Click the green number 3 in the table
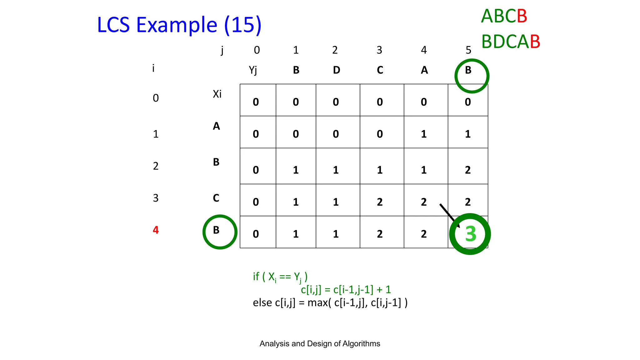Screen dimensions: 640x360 (470, 234)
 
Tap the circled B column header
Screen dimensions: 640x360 (468, 70)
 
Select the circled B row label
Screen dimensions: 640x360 (216, 230)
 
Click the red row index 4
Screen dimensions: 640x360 (156, 230)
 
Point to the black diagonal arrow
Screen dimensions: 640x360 (449, 215)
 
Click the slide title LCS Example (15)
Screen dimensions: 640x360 (179, 25)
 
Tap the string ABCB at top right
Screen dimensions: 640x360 (504, 16)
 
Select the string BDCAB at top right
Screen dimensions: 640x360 (511, 42)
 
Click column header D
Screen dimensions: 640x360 (336, 70)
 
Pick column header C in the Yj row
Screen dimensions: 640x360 (380, 70)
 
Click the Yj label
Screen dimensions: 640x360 (253, 70)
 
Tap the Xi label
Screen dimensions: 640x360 (217, 94)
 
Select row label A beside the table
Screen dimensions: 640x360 (216, 126)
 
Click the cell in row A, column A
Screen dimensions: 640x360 (424, 134)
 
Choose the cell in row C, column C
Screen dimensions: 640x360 (380, 202)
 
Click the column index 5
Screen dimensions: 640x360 (468, 50)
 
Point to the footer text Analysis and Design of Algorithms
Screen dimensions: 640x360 (320, 344)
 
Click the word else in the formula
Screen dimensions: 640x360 (262, 302)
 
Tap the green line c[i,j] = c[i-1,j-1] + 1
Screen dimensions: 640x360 (346, 290)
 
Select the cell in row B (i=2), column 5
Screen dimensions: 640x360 (468, 170)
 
